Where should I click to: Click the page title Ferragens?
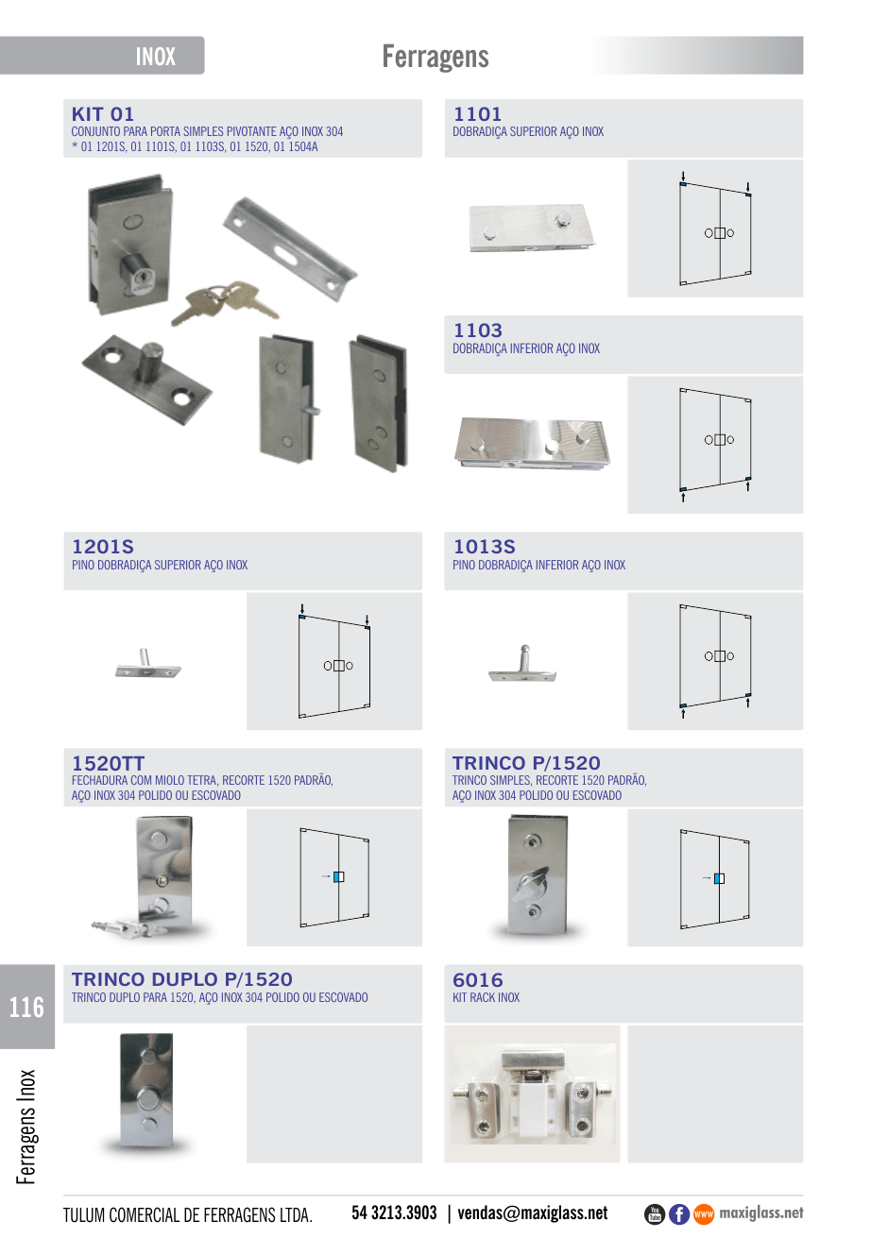(435, 57)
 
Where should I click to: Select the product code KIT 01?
(103, 114)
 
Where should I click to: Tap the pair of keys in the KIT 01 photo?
(224, 302)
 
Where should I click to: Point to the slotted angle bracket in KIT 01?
(289, 248)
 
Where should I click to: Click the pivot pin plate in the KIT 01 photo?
(146, 379)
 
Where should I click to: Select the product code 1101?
(477, 114)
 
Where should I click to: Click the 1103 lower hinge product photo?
(532, 443)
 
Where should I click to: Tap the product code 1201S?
(103, 547)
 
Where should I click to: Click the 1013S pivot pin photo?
(521, 664)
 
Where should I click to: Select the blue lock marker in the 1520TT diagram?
(337, 876)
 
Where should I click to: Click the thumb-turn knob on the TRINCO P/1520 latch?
(530, 885)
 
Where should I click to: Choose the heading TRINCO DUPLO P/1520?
(181, 979)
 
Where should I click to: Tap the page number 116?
(26, 1008)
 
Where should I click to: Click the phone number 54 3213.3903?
(394, 1213)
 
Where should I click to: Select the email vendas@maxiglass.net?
(533, 1213)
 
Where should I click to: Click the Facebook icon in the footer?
(679, 1214)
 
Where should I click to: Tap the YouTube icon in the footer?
(655, 1214)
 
